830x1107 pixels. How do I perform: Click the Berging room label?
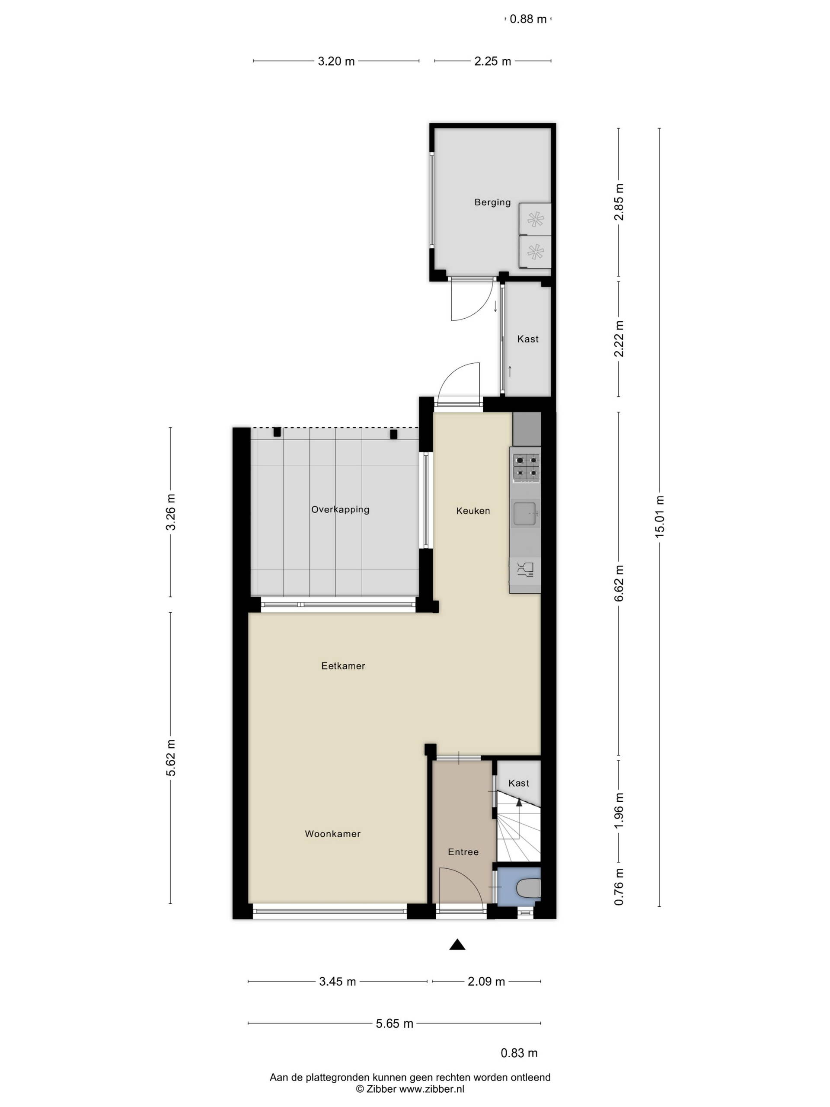(x=492, y=202)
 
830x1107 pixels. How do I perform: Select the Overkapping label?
(x=340, y=509)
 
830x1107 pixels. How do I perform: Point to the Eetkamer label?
(x=343, y=665)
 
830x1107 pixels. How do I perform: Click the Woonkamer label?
(x=333, y=834)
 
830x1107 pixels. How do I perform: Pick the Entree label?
(x=463, y=852)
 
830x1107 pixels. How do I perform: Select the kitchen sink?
(x=525, y=514)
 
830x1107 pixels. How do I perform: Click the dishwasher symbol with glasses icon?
(x=525, y=570)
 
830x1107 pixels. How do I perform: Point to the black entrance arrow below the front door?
(x=457, y=944)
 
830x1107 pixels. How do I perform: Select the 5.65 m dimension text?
(x=395, y=1024)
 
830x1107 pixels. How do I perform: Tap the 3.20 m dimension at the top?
(x=337, y=61)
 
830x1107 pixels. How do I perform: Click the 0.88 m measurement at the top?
(x=528, y=19)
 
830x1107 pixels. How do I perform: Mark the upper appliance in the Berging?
(x=535, y=219)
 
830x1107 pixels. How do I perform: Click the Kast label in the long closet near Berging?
(x=528, y=339)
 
